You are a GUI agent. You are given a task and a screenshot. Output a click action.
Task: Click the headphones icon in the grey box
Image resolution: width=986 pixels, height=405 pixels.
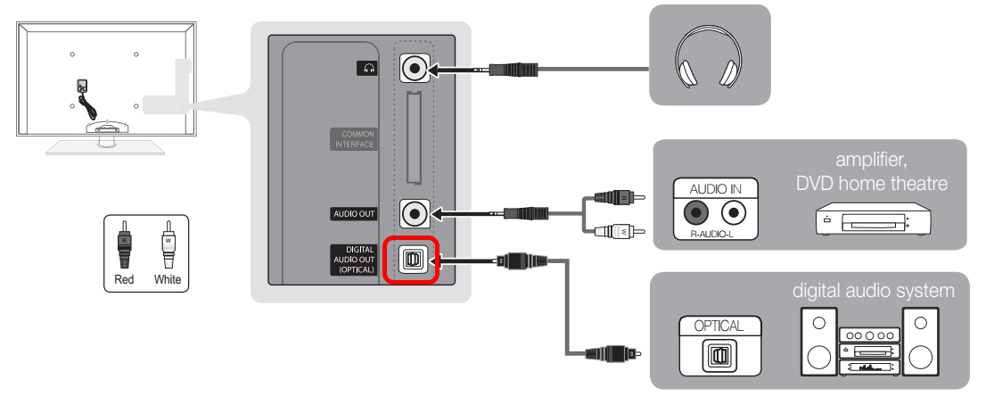tap(709, 60)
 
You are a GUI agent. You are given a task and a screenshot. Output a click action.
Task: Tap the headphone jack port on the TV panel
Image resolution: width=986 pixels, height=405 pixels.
tap(414, 68)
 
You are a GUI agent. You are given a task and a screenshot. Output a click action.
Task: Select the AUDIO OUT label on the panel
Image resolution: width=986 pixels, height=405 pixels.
tap(355, 214)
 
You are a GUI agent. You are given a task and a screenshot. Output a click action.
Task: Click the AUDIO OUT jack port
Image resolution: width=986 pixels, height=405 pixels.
tap(414, 213)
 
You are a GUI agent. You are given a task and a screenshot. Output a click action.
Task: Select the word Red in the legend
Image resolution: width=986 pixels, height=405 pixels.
tap(125, 279)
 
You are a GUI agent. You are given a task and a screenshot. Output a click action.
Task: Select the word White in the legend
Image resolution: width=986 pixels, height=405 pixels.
tap(167, 279)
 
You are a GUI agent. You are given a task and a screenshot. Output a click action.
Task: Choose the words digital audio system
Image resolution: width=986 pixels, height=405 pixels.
tap(874, 291)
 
